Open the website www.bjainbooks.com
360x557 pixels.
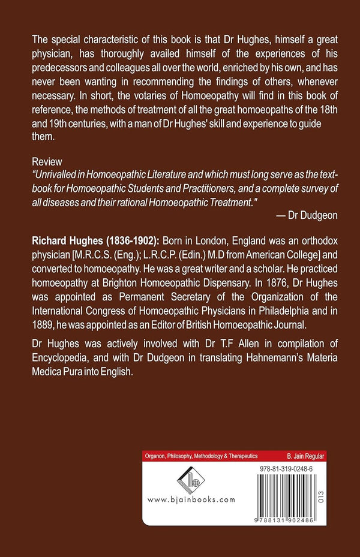pyautogui.click(x=191, y=499)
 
